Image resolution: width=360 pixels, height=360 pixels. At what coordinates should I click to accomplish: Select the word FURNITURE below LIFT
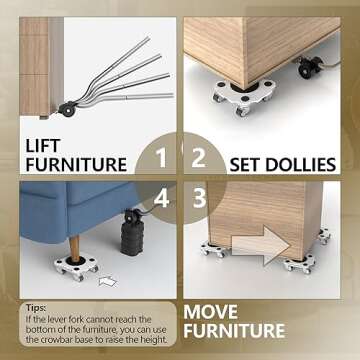[x=76, y=165]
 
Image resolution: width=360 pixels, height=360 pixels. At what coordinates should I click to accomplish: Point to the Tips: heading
[x=36, y=309]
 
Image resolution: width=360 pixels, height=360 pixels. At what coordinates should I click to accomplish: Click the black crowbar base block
[x=131, y=240]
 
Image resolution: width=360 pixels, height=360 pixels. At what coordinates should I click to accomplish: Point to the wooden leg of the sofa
[x=77, y=237]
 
